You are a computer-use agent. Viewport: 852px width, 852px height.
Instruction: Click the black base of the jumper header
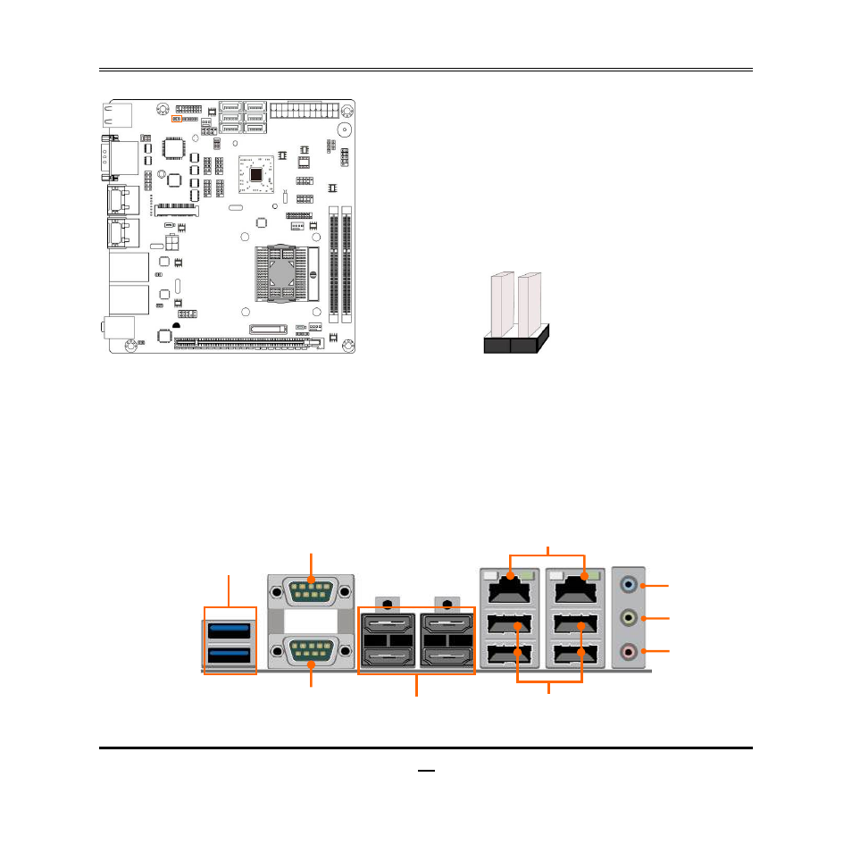(514, 344)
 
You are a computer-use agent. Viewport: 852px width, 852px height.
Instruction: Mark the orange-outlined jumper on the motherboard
(176, 118)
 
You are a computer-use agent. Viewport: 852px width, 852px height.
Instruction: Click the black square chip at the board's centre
(259, 173)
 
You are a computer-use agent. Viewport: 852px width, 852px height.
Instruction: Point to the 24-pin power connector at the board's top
(305, 112)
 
